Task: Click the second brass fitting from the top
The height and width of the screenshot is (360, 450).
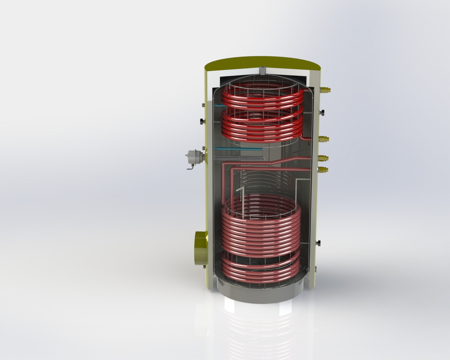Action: tap(325, 139)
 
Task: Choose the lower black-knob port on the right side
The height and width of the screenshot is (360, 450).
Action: tap(319, 243)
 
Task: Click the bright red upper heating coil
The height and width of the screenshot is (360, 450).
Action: tap(260, 112)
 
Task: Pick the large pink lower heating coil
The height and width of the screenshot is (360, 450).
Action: tap(260, 229)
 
